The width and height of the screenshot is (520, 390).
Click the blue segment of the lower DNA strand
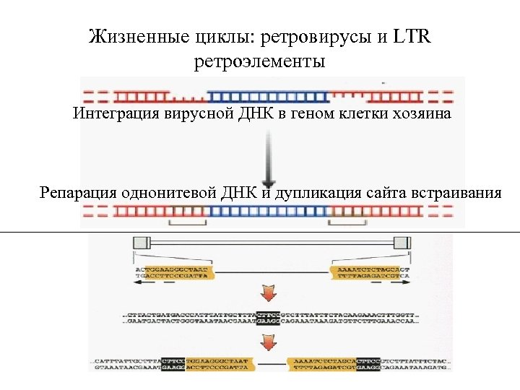(267, 212)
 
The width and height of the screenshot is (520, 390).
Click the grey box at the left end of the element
(140, 243)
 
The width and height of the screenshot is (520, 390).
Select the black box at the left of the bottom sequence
(173, 365)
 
